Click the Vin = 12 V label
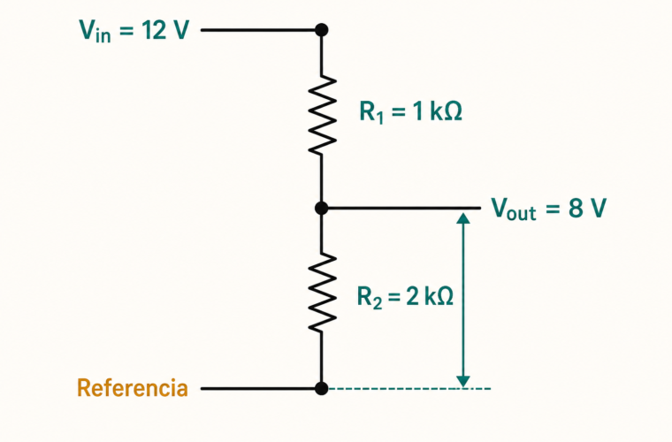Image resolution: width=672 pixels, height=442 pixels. click(134, 31)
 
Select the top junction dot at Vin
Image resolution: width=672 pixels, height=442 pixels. click(322, 30)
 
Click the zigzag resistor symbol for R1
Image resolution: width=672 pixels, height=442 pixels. click(322, 115)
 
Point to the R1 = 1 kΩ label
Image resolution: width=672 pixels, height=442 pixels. click(410, 112)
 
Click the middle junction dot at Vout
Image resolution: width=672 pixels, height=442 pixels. click(322, 208)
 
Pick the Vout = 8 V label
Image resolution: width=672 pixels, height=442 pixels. click(549, 209)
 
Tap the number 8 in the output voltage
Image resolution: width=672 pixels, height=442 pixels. click(576, 208)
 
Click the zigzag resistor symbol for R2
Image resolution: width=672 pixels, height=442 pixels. click(322, 293)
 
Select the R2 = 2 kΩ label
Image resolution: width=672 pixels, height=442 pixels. click(406, 296)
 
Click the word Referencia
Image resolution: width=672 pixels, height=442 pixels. click(133, 387)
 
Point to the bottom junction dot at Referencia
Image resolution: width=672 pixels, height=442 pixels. click(322, 388)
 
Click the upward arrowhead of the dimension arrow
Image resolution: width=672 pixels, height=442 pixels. click(463, 218)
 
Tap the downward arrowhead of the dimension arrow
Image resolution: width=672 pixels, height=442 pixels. click(463, 382)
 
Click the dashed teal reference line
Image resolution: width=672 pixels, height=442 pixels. click(409, 388)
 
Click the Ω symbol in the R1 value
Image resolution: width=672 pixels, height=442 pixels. click(453, 111)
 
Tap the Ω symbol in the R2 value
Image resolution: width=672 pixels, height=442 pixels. click(445, 295)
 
